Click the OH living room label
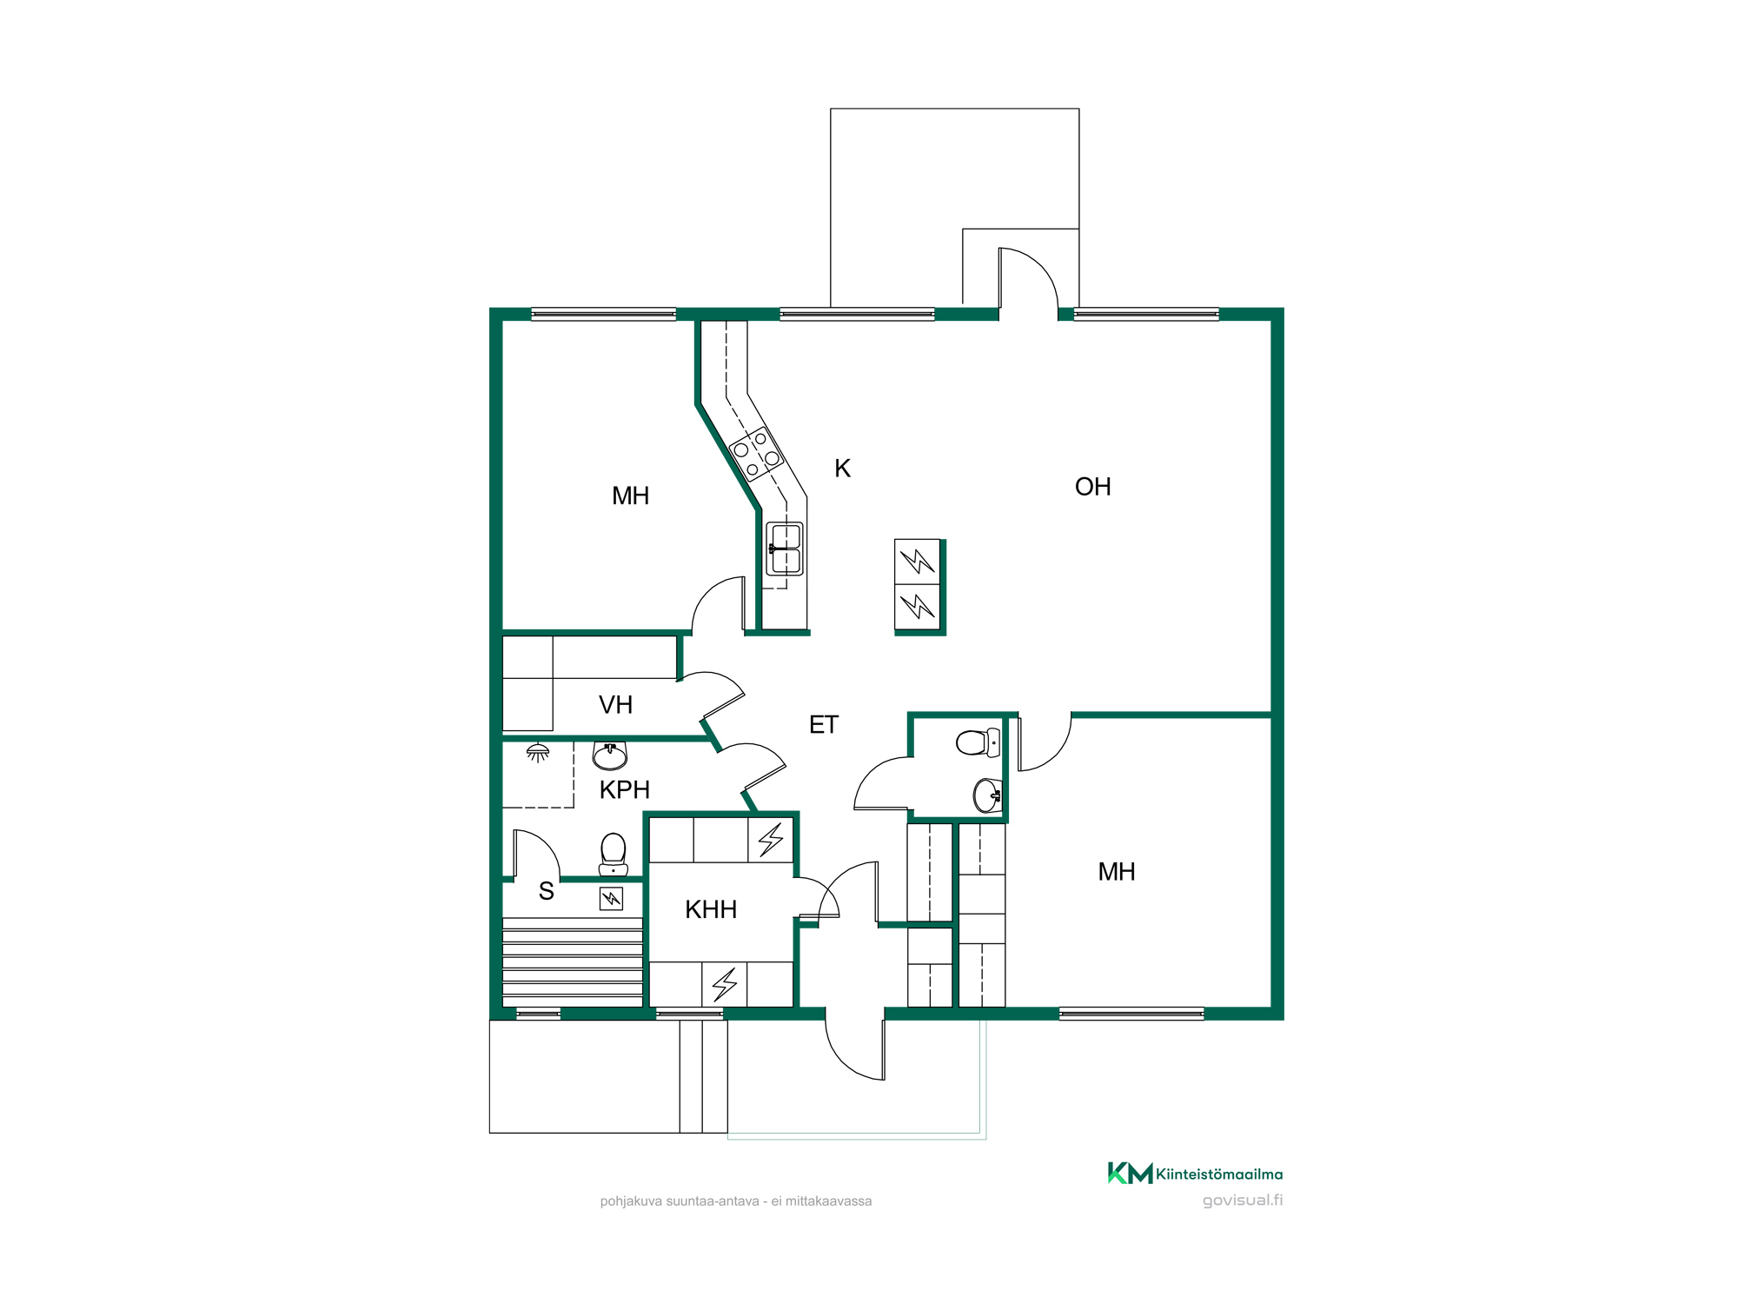coord(1092,487)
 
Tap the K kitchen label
coord(842,469)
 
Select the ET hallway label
coord(824,725)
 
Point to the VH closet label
coord(615,705)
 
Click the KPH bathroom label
coord(625,790)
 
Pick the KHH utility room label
coord(711,909)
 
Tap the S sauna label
coord(546,891)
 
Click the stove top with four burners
coord(756,454)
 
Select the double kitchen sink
coord(785,549)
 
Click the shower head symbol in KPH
coord(538,752)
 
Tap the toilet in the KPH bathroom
coord(614,854)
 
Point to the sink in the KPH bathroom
coord(610,755)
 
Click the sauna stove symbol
coord(612,898)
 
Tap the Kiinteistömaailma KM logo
coord(1195,1174)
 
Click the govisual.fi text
coord(1243,1201)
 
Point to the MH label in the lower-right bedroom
coord(1117,872)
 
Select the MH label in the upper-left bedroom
coord(630,496)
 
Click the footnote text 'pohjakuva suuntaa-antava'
coord(680,1201)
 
